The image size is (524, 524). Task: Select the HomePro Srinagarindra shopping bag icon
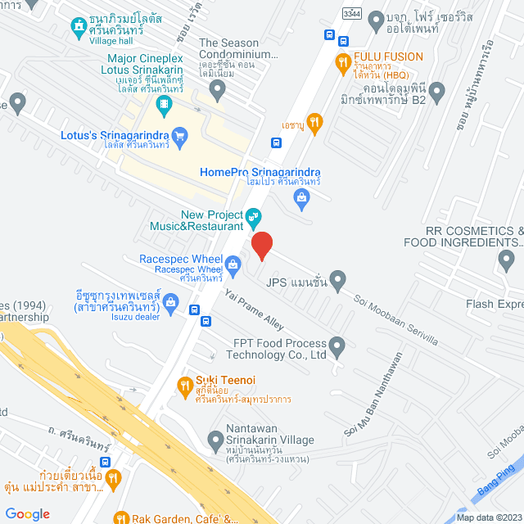pos(302,196)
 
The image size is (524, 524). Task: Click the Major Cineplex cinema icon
pos(165,103)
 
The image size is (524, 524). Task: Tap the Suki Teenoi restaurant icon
pos(184,382)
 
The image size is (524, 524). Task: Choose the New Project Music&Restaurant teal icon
pos(255,219)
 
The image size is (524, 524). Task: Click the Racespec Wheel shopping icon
pos(233,264)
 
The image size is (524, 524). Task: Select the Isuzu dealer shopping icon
pos(170,300)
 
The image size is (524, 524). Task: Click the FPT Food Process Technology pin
pos(337,343)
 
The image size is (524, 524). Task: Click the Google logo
pos(27,513)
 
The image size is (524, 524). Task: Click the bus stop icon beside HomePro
pos(277,142)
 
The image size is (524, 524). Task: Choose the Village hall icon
pos(78,25)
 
